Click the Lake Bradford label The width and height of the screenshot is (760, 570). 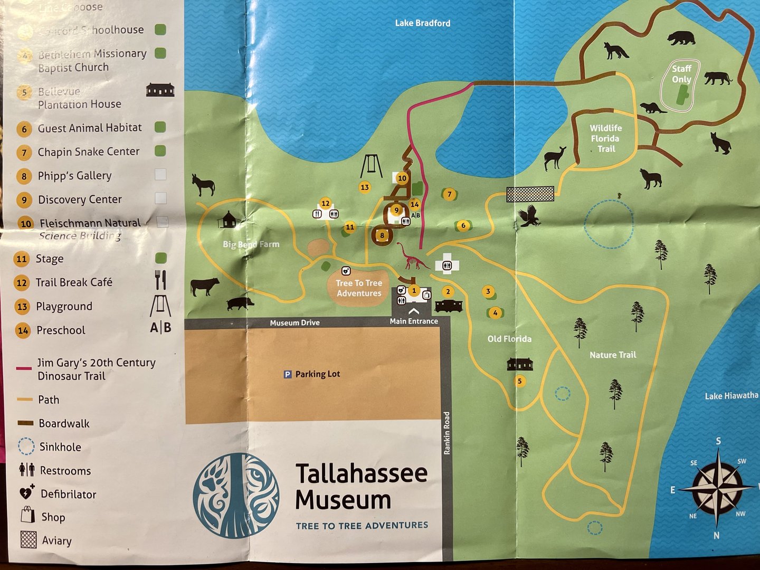coord(423,23)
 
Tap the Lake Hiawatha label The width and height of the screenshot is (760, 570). coord(731,396)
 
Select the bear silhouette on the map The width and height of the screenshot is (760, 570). coord(681,38)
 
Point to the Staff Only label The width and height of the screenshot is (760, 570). coord(681,74)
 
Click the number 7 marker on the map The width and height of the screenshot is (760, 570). coord(449,194)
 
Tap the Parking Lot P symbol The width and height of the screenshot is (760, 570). coord(288,375)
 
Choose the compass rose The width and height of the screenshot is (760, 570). coord(717,488)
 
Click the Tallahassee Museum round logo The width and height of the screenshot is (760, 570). coord(236,495)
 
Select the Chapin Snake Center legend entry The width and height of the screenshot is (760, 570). coord(89,152)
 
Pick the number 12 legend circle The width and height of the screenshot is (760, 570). coord(22,283)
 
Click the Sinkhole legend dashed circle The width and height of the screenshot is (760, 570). coord(26,446)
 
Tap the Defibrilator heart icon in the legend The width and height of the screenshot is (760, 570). coord(26,493)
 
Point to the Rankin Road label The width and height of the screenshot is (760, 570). coord(446,433)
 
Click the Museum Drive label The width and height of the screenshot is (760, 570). coord(294,322)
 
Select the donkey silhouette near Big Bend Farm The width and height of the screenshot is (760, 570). coord(203,184)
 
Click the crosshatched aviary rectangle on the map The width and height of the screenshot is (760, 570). coord(530,194)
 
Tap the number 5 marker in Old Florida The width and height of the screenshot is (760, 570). coord(520,381)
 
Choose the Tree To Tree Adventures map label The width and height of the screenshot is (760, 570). coord(359,288)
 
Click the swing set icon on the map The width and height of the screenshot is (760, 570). coord(372,167)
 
